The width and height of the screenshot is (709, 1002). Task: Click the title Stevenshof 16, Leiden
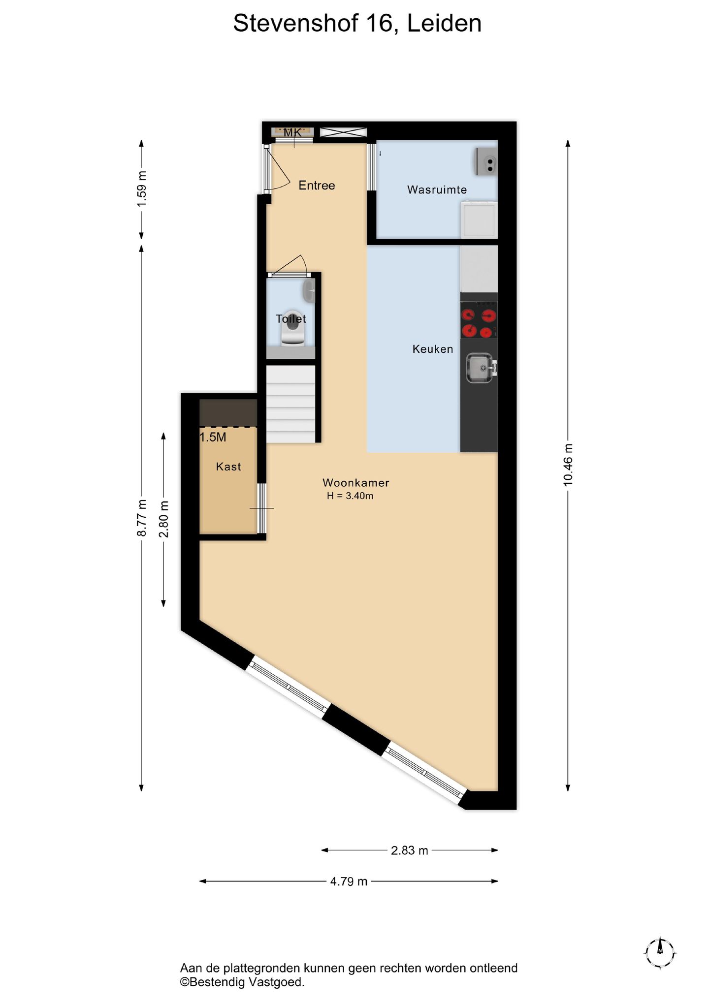coord(357,24)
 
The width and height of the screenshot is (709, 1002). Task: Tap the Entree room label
coord(317,186)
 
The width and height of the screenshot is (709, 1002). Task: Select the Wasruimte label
coord(437,189)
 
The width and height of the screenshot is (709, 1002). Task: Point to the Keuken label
coord(433,349)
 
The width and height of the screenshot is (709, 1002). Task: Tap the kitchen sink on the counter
coord(480,368)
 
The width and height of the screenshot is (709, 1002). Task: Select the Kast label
coord(228,467)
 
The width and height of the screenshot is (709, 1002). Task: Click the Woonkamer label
coord(355,483)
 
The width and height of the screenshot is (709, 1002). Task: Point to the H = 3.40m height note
coord(350,496)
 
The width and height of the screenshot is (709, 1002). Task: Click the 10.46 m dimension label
coord(568,465)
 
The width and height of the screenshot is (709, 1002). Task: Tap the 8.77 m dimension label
coord(142,518)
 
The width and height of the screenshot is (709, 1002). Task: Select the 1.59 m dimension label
coord(142,189)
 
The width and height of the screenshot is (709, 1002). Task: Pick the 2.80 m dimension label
coord(164,519)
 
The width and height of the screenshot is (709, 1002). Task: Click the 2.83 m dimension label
coord(410,850)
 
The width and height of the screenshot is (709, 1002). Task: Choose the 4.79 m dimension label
coord(349,881)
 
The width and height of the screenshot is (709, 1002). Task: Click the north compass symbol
coord(660,953)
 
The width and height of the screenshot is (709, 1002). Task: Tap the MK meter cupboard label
coord(292,132)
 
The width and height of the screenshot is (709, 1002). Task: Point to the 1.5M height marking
coord(213,437)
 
